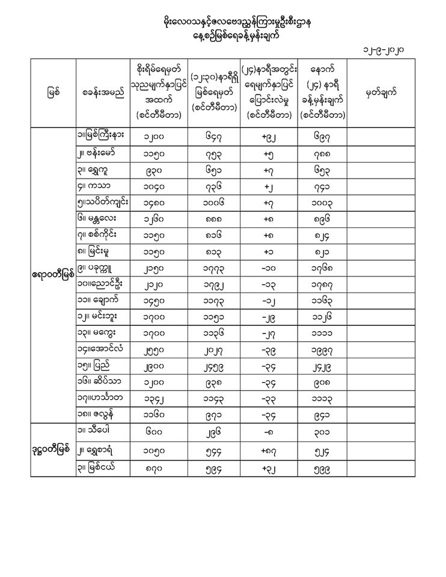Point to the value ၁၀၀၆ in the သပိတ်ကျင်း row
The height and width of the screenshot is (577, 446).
click(213, 197)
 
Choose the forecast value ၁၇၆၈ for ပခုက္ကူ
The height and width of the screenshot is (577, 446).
click(322, 264)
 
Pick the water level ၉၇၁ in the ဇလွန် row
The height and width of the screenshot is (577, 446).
click(213, 414)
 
